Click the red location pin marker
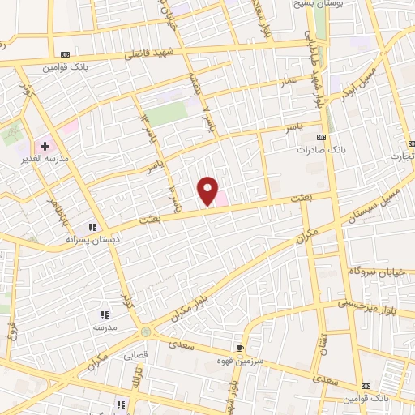pyautogui.click(x=208, y=190)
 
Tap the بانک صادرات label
pyautogui.click(x=316, y=151)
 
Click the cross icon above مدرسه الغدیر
pyautogui.click(x=45, y=146)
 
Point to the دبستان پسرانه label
pyautogui.click(x=92, y=241)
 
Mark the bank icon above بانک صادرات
pyautogui.click(x=321, y=137)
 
